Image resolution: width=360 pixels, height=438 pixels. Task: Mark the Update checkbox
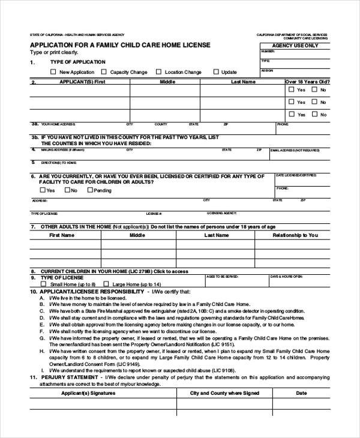click(x=216, y=72)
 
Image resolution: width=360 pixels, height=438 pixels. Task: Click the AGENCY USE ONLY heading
click(x=295, y=46)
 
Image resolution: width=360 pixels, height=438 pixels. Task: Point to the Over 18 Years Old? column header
click(x=307, y=81)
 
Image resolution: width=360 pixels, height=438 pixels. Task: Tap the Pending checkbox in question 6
click(x=90, y=190)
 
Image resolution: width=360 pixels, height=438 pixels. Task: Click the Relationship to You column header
click(x=295, y=235)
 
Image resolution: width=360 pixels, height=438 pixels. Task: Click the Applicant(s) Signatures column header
click(x=89, y=394)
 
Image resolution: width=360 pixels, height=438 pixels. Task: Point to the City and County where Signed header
click(x=224, y=394)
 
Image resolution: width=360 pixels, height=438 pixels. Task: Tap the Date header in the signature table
click(x=301, y=394)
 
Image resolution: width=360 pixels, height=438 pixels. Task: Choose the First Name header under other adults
click(x=62, y=235)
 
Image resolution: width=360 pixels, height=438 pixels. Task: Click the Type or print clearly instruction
click(x=54, y=53)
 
